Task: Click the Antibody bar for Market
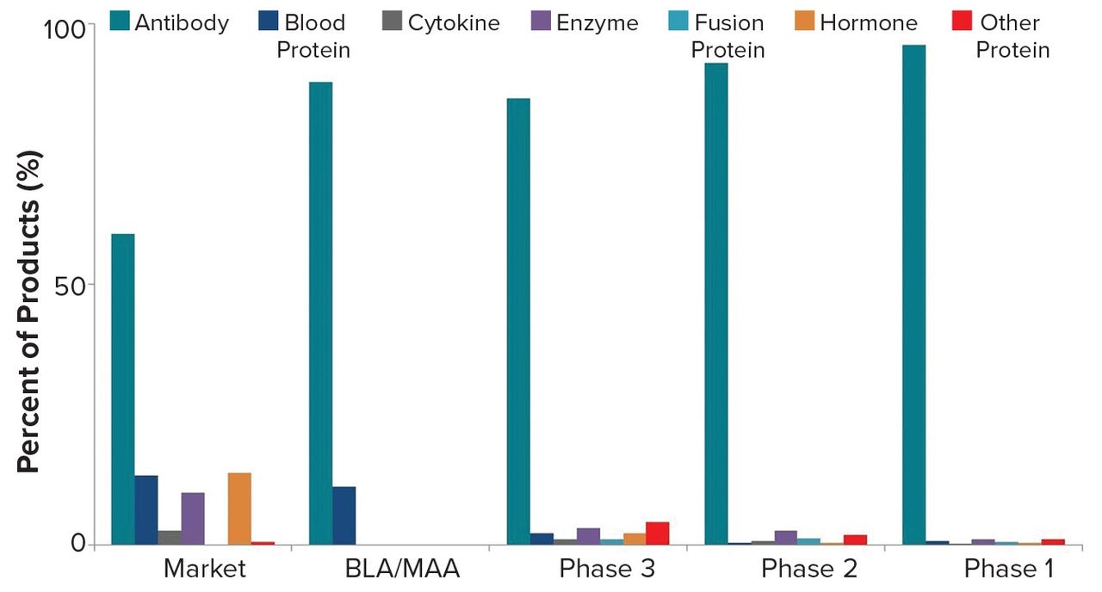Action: pos(122,389)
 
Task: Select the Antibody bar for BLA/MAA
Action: pos(320,313)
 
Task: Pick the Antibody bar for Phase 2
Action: pos(715,304)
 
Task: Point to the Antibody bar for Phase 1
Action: pos(913,294)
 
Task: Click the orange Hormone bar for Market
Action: pos(239,509)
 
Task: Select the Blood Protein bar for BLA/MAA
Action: pos(344,515)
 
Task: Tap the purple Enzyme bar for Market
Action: pos(193,518)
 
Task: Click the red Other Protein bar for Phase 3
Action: pos(657,533)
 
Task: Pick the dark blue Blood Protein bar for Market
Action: pos(146,509)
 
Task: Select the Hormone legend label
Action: pos(868,22)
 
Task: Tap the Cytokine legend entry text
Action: pos(454,22)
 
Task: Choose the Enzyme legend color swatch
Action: pos(542,22)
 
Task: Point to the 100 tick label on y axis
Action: pos(65,28)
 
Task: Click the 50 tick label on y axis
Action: pos(71,286)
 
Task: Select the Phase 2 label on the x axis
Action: pos(808,570)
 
